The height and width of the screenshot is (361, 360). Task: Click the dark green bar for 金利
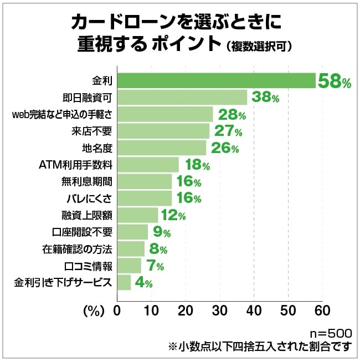216,81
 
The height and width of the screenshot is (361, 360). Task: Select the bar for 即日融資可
182,98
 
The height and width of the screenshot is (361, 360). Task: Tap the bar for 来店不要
163,131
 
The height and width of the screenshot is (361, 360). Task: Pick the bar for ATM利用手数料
147,165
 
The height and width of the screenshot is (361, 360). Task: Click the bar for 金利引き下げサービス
124,282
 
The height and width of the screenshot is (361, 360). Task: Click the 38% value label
265,98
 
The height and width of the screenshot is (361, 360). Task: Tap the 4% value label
143,283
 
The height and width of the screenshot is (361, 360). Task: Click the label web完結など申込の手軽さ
62,115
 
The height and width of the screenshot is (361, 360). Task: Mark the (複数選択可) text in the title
259,46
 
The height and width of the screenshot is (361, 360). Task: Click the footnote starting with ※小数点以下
260,347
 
